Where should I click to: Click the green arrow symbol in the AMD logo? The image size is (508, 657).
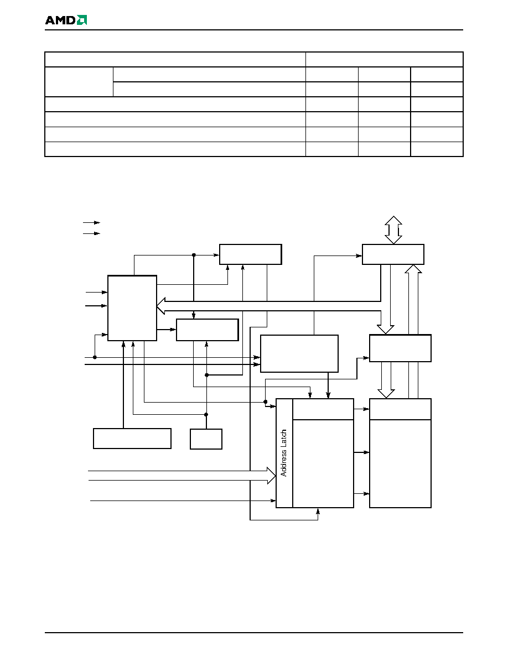pyautogui.click(x=82, y=20)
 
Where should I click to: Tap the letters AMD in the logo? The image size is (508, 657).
pyautogui.click(x=60, y=20)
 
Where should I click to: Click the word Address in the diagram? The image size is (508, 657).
pyautogui.click(x=284, y=463)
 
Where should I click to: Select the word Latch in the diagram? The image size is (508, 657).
pyautogui.click(x=284, y=439)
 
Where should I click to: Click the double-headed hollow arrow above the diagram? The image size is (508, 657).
pyautogui.click(x=393, y=230)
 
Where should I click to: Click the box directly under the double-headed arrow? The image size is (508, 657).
pyautogui.click(x=393, y=254)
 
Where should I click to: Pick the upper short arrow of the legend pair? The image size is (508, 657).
pyautogui.click(x=91, y=222)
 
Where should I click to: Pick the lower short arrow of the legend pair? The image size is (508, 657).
pyautogui.click(x=91, y=233)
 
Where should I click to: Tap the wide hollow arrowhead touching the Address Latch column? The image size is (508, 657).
pyautogui.click(x=271, y=476)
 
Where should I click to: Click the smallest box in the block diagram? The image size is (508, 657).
pyautogui.click(x=206, y=439)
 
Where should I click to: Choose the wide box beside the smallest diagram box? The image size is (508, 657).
pyautogui.click(x=132, y=439)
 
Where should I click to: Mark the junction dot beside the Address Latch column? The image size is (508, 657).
pyautogui.click(x=265, y=402)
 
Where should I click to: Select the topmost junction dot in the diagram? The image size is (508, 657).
pyautogui.click(x=194, y=255)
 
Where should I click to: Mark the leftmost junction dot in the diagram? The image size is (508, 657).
pyautogui.click(x=95, y=357)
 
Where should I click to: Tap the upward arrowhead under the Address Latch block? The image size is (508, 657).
pyautogui.click(x=318, y=511)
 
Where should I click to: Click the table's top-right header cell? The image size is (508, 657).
pyautogui.click(x=385, y=60)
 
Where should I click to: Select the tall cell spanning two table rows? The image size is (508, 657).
pyautogui.click(x=79, y=82)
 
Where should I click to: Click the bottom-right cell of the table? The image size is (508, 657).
pyautogui.click(x=437, y=149)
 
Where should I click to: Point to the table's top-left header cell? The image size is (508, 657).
pyautogui.click(x=175, y=60)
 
